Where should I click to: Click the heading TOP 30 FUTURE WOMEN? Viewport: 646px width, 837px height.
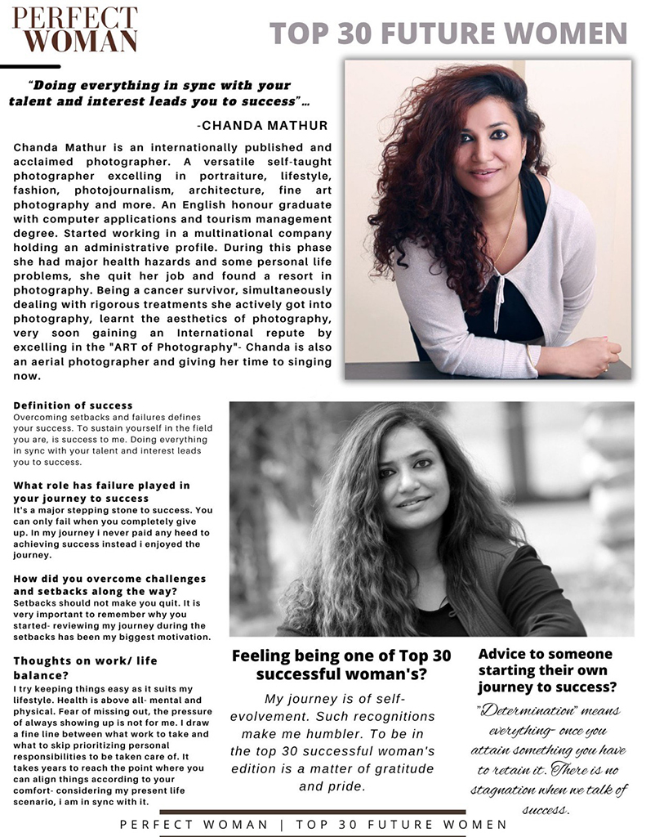click(448, 33)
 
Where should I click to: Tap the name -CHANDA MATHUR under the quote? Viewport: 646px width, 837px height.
click(262, 125)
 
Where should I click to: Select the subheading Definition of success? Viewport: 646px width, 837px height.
click(73, 405)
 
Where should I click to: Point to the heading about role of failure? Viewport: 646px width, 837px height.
click(101, 492)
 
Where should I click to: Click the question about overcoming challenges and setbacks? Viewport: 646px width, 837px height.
click(109, 584)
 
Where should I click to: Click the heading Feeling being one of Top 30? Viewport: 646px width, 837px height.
click(341, 665)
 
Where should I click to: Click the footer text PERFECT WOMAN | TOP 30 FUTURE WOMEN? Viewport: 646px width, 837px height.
click(313, 824)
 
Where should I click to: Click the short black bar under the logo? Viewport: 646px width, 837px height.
click(31, 66)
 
